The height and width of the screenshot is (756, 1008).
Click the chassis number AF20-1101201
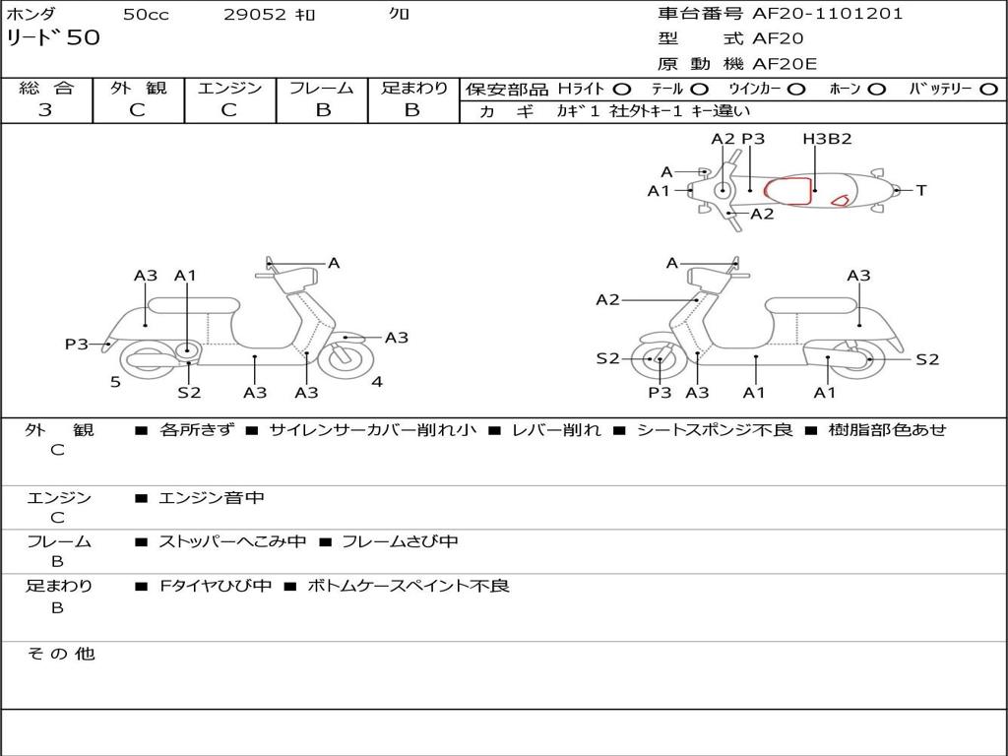click(x=827, y=14)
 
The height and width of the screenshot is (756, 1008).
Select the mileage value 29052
click(x=253, y=15)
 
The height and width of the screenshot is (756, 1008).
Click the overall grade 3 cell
click(x=45, y=110)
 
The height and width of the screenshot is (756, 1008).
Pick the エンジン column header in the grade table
click(x=229, y=88)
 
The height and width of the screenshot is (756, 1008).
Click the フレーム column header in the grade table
click(x=322, y=88)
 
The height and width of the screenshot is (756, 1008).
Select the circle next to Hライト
click(x=622, y=89)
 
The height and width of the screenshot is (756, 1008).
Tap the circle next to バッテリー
click(x=988, y=89)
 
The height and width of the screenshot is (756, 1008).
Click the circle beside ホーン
click(x=876, y=89)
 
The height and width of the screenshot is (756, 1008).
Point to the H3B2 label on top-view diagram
click(x=827, y=139)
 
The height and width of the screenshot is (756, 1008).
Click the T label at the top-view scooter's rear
click(x=921, y=190)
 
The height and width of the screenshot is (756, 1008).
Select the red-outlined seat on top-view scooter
click(x=790, y=189)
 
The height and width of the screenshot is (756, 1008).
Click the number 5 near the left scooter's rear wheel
click(x=115, y=382)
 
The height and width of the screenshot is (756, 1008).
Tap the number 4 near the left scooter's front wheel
click(x=377, y=382)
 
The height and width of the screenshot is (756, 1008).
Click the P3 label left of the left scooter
click(x=77, y=344)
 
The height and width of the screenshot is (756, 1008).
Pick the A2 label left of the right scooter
click(x=607, y=299)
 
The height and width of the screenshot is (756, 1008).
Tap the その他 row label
click(x=60, y=654)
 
